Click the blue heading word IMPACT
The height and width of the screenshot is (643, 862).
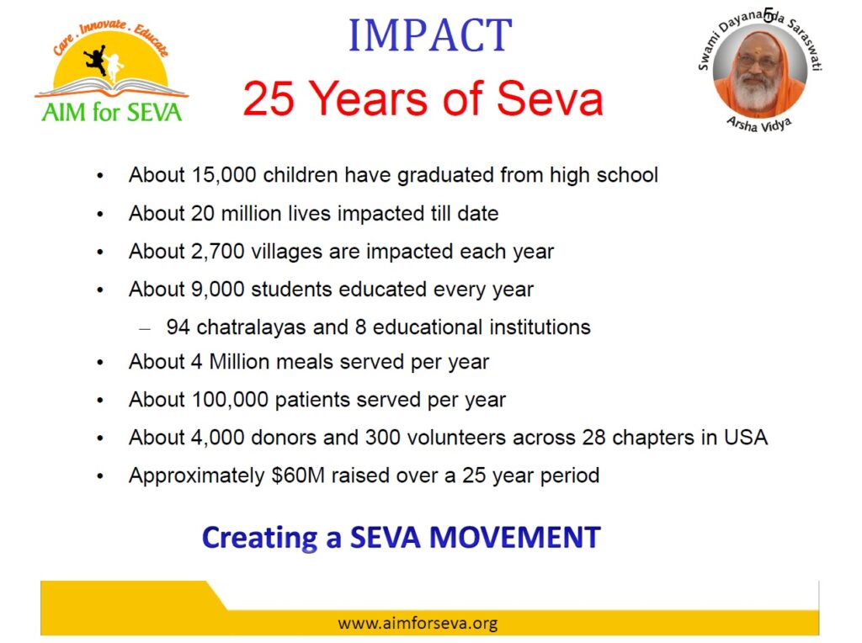pos(430,35)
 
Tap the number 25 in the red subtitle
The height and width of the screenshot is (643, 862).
pos(269,98)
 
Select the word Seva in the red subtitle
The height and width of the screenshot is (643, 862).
pos(550,98)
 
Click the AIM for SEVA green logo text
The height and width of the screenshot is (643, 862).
pos(112,112)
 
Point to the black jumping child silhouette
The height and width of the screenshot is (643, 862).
pos(96,60)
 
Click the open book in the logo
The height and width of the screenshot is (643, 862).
pos(112,88)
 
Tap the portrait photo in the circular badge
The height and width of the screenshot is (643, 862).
pos(760,71)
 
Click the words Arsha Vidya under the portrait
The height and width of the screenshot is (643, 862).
pos(759,125)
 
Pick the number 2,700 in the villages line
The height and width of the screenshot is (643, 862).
pos(217,252)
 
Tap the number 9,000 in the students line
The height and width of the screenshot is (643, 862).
pos(217,290)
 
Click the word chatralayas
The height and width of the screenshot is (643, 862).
pos(251,327)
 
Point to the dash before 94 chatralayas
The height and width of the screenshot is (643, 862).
pos(145,329)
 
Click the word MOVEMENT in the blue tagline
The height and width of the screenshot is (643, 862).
pos(514,538)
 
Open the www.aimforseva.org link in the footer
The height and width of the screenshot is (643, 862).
pos(418,623)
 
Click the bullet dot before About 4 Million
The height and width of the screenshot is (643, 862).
pos(100,363)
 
